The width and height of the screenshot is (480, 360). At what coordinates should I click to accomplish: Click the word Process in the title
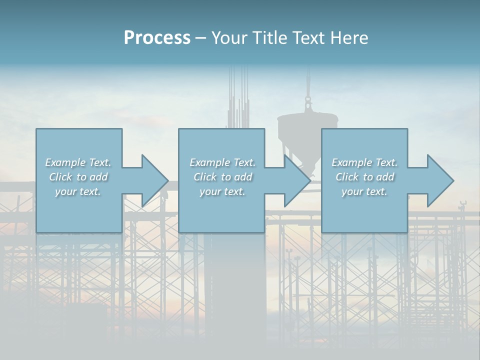click(x=157, y=38)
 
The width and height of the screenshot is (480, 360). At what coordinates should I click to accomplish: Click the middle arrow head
click(x=296, y=181)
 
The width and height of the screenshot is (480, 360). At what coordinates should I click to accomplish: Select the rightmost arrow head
click(x=439, y=181)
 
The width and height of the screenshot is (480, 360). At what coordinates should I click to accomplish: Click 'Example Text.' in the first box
click(x=78, y=162)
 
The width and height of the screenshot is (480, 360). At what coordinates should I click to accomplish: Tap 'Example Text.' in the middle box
click(x=222, y=162)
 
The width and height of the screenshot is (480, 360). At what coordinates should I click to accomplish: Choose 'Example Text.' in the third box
click(x=364, y=162)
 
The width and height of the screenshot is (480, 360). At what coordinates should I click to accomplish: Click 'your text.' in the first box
click(x=78, y=191)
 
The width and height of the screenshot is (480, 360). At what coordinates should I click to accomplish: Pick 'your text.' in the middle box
click(x=222, y=191)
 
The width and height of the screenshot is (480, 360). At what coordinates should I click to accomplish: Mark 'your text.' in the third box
click(x=364, y=191)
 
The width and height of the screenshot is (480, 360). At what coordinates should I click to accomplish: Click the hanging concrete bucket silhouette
click(x=307, y=132)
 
